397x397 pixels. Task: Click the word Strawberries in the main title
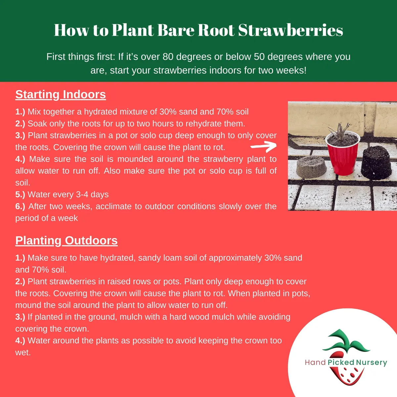click(x=290, y=30)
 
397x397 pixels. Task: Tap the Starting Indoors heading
click(x=61, y=95)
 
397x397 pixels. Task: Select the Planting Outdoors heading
click(x=66, y=241)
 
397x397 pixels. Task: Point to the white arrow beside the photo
click(x=263, y=146)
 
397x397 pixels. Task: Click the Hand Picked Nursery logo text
click(x=346, y=363)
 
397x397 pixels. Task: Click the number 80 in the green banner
click(x=168, y=57)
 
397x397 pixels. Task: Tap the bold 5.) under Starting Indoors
click(x=20, y=195)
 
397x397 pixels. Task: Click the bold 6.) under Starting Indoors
click(x=20, y=206)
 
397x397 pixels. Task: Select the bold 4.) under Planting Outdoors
click(x=20, y=341)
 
